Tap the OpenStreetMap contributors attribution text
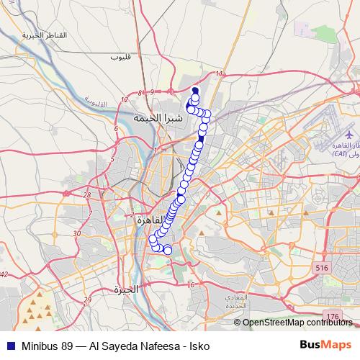(298, 322)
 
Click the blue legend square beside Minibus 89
(9, 346)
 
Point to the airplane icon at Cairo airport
(350, 135)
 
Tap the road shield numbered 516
(321, 268)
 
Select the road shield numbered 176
(331, 316)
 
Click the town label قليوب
(121, 56)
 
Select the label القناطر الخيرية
(44, 35)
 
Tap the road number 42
(4, 274)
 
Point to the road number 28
(87, 194)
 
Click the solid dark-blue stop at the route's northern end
(194, 91)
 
